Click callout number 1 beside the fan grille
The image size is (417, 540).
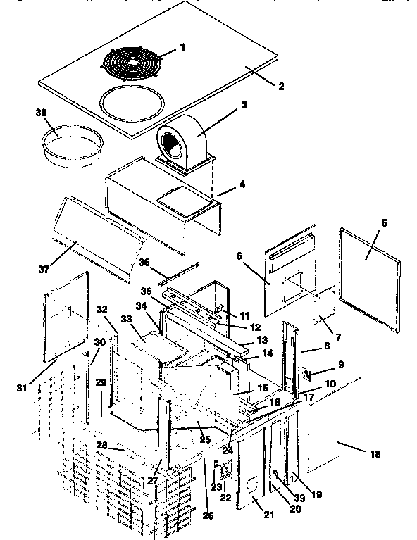182,48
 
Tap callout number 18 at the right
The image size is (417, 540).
374,455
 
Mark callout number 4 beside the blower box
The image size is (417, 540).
242,186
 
